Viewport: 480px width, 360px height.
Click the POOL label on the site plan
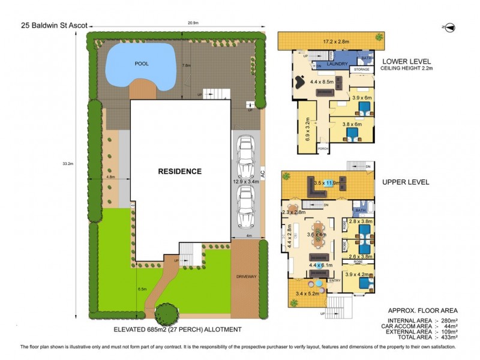pos(142,63)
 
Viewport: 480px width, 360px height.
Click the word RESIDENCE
pos(180,172)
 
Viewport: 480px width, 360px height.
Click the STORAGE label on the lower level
pos(361,70)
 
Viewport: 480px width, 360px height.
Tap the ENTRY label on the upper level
pos(334,280)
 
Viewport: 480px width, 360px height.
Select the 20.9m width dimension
pos(193,23)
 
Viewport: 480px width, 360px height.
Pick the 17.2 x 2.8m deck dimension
pos(331,43)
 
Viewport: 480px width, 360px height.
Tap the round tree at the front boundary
pos(167,313)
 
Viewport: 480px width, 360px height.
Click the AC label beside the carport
pos(263,173)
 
